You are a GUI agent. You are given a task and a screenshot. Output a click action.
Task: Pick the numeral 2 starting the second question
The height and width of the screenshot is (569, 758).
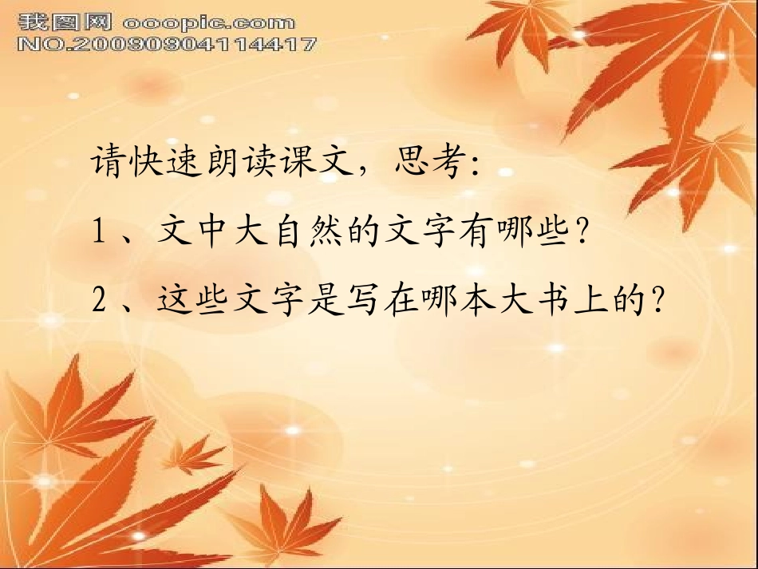[101, 301]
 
